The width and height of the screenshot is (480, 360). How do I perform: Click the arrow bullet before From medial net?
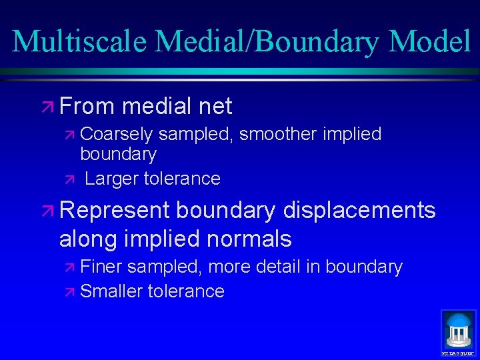49,106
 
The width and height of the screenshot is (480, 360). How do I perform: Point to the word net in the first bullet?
215,106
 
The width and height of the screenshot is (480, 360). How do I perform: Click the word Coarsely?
116,135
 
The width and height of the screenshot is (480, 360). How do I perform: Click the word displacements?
359,211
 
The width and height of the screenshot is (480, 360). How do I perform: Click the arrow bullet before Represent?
49,211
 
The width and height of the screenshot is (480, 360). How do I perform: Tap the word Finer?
101,267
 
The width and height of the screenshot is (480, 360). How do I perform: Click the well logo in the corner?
459,331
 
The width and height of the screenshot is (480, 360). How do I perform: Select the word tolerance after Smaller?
186,291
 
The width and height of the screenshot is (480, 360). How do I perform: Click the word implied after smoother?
352,135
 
